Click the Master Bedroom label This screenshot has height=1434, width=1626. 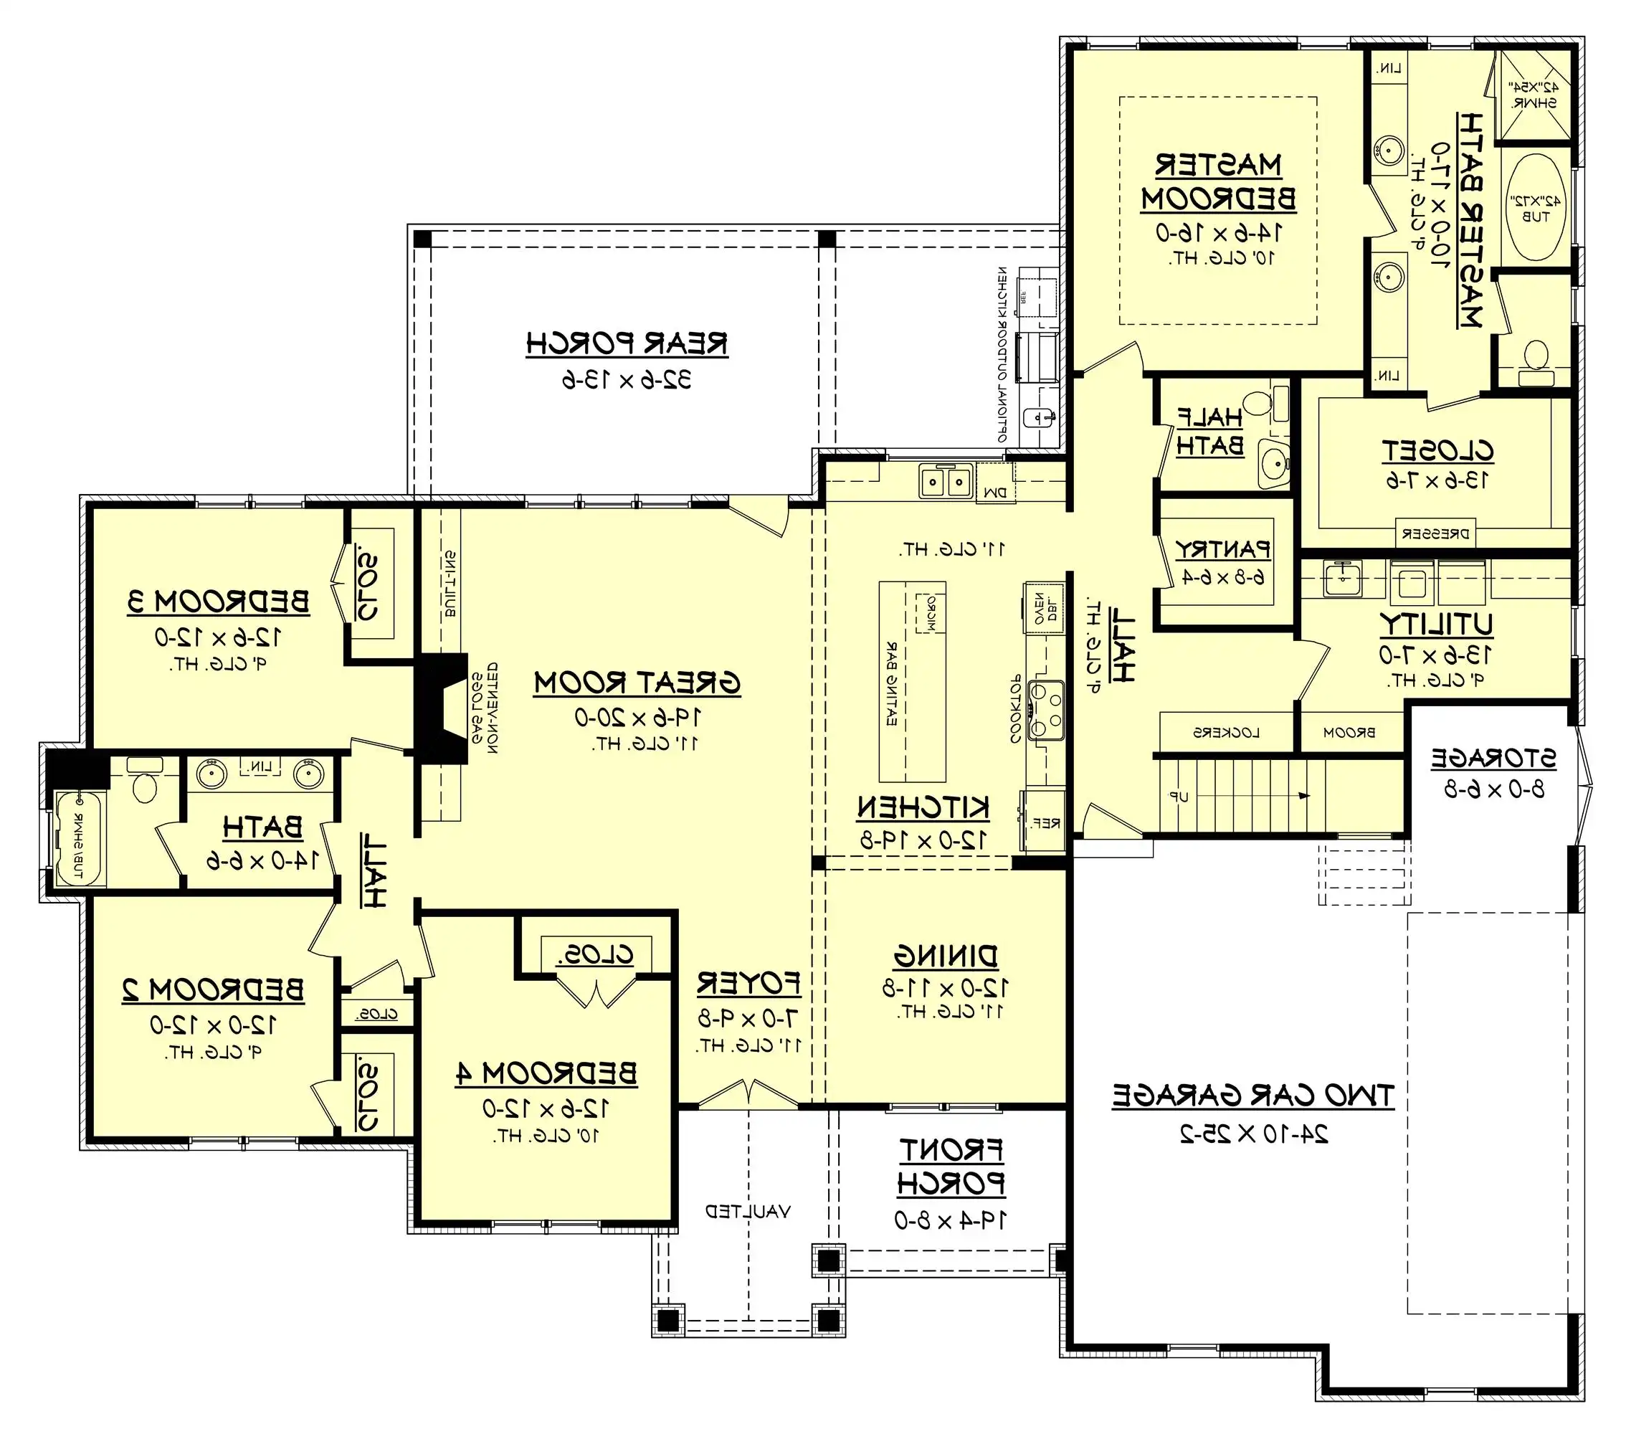1218,181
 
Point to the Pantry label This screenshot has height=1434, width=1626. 1222,549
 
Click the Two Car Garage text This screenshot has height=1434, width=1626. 1253,1096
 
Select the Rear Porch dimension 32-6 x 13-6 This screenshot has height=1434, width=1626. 627,381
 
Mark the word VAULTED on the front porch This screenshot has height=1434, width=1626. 748,1211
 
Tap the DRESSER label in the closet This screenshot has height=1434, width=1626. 1436,534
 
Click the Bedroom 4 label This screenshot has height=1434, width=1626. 546,1073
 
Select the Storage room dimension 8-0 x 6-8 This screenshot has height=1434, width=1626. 1494,789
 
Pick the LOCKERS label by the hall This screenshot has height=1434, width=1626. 1226,733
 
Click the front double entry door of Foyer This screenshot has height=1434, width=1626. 748,1096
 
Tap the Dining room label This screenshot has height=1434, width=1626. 945,956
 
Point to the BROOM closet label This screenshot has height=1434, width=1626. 1349,733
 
